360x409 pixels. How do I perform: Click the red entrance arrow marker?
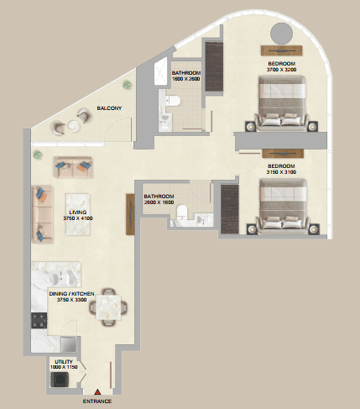tap(97, 391)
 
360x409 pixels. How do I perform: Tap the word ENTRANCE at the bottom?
tap(97, 401)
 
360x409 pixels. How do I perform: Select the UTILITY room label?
tap(64, 362)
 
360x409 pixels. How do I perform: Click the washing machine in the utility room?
tap(60, 380)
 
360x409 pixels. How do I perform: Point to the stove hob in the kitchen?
tap(39, 321)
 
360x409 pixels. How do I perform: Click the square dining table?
tap(108, 307)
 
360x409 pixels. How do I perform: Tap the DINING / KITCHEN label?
tap(71, 294)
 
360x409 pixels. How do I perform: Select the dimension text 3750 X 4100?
tap(78, 218)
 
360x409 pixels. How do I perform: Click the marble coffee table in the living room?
tap(78, 214)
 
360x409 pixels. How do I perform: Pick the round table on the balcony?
tap(74, 125)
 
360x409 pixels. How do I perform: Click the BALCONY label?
tap(109, 108)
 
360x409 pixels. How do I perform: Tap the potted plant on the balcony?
tap(127, 85)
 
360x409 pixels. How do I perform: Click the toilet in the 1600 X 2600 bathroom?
tap(173, 101)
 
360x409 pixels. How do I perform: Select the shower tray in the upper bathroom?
tap(160, 71)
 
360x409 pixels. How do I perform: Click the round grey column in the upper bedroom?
tap(281, 34)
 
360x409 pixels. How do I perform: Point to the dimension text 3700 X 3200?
tap(281, 70)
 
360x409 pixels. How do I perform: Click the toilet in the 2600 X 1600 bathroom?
tap(182, 212)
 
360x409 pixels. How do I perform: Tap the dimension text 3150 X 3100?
tap(281, 172)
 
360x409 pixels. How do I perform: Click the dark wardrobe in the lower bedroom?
tap(230, 209)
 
